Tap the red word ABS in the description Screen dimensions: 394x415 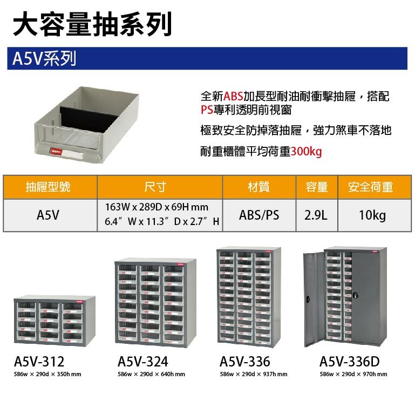pyautogui.click(x=233, y=97)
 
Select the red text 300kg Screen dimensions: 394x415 pyautogui.click(x=306, y=152)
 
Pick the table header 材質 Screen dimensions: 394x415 pyautogui.click(x=258, y=187)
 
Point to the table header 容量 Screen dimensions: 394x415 pyautogui.click(x=317, y=187)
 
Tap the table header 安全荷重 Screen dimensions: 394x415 pyautogui.click(x=371, y=187)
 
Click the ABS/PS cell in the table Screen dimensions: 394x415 pyautogui.click(x=259, y=215)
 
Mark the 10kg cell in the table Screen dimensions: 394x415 pyautogui.click(x=372, y=215)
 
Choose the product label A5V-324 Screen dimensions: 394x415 pyautogui.click(x=142, y=361)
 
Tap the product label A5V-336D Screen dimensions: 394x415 pyautogui.click(x=349, y=361)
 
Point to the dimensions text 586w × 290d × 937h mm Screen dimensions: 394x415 pyautogui.click(x=254, y=374)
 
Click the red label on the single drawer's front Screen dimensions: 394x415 pyautogui.click(x=56, y=153)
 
